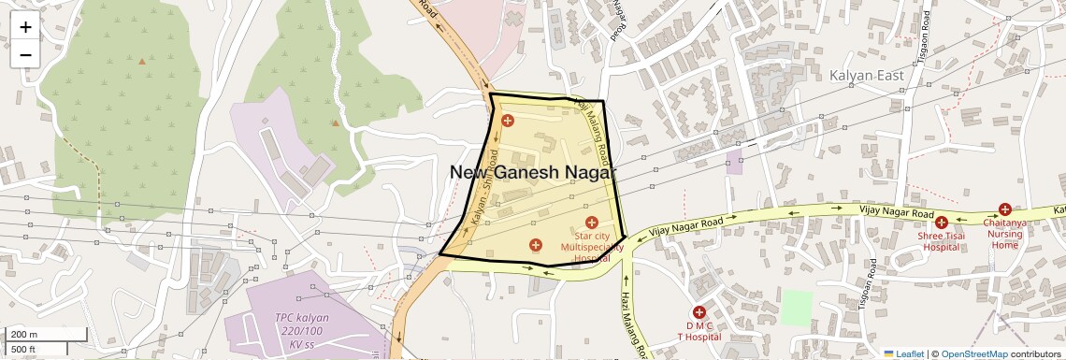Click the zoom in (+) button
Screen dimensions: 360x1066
tap(25, 27)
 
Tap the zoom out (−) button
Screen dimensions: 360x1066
tap(25, 54)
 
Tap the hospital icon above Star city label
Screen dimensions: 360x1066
tap(591, 223)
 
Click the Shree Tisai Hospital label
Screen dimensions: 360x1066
tap(941, 242)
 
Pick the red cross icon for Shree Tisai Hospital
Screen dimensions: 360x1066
tap(942, 223)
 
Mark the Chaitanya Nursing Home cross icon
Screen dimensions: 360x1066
tap(1004, 209)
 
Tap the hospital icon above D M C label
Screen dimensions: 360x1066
tap(699, 312)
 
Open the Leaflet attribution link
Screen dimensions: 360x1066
tap(902, 353)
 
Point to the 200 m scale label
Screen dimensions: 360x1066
tap(24, 335)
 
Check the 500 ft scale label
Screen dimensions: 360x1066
tap(23, 350)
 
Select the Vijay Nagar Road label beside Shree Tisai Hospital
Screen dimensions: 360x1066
tap(898, 215)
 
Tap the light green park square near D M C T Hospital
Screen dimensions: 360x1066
tap(797, 308)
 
